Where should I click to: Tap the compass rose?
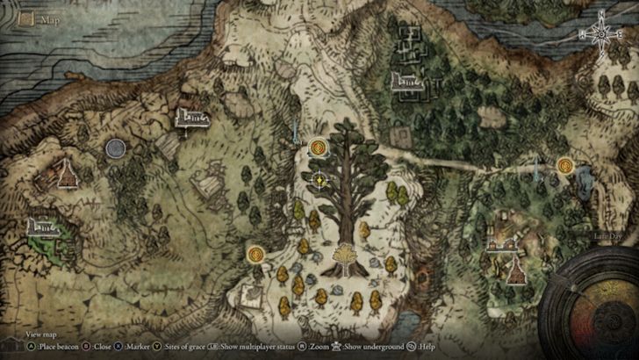602,35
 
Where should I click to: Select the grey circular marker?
115,148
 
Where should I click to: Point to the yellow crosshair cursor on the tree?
319,181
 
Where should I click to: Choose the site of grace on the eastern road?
564,164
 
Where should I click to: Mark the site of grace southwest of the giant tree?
255,255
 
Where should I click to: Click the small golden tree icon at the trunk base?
345,256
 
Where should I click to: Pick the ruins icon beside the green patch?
42,227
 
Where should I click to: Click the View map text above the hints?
40,334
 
